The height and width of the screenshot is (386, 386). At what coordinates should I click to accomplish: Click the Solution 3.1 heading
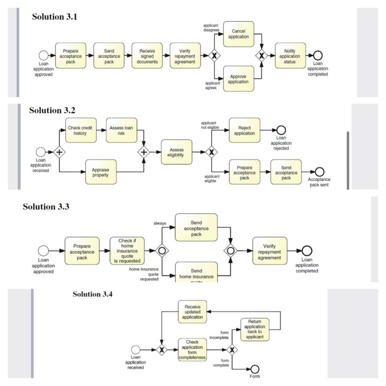pyautogui.click(x=55, y=17)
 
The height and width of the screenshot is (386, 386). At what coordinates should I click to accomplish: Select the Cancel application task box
pyautogui.click(x=238, y=34)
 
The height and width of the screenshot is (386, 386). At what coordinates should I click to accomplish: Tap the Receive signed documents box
pyautogui.click(x=147, y=56)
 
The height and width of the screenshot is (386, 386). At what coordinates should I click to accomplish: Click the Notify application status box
pyautogui.click(x=290, y=56)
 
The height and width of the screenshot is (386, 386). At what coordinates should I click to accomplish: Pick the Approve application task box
pyautogui.click(x=238, y=79)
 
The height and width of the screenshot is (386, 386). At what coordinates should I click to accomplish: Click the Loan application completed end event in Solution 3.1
pyautogui.click(x=318, y=55)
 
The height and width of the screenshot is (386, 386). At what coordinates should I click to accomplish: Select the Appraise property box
pyautogui.click(x=101, y=172)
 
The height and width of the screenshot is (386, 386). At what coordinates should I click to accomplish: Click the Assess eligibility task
pyautogui.click(x=176, y=152)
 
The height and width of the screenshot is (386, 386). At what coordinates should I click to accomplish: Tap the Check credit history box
pyautogui.click(x=81, y=130)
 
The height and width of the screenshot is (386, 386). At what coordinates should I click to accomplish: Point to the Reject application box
pyautogui.click(x=244, y=130)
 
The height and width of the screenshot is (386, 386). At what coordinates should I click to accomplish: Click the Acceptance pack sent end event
pyautogui.click(x=319, y=172)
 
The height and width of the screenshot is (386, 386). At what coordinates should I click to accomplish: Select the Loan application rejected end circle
pyautogui.click(x=281, y=130)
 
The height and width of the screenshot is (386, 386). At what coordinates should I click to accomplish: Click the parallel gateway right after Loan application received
pyautogui.click(x=59, y=152)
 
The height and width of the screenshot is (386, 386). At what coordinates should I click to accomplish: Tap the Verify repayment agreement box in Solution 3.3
pyautogui.click(x=270, y=251)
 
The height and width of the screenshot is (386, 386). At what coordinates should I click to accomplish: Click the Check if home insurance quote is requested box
pyautogui.click(x=127, y=251)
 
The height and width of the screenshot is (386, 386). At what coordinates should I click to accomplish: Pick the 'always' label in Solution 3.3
pyautogui.click(x=159, y=223)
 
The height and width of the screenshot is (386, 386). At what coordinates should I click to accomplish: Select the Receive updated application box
pyautogui.click(x=192, y=312)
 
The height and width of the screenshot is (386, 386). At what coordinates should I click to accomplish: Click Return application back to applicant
pyautogui.click(x=255, y=329)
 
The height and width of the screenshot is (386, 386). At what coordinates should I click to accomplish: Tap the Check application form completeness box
pyautogui.click(x=192, y=350)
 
